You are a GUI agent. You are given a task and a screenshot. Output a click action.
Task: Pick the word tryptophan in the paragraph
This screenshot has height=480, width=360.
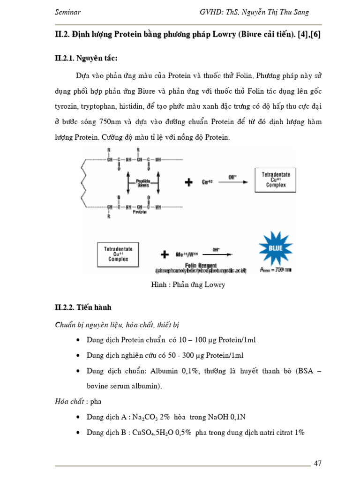click(x=102, y=106)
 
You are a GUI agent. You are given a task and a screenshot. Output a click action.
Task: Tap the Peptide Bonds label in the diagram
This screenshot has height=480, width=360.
click(x=143, y=183)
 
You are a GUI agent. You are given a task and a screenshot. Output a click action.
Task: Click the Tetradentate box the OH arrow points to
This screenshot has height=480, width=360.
click(x=276, y=180)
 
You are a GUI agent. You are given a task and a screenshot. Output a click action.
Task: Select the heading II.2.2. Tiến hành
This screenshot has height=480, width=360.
click(x=83, y=307)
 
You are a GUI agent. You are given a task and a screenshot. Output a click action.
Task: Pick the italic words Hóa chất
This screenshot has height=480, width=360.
click(x=70, y=402)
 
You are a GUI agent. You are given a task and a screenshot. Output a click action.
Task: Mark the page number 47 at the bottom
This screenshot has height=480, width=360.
click(x=318, y=464)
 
